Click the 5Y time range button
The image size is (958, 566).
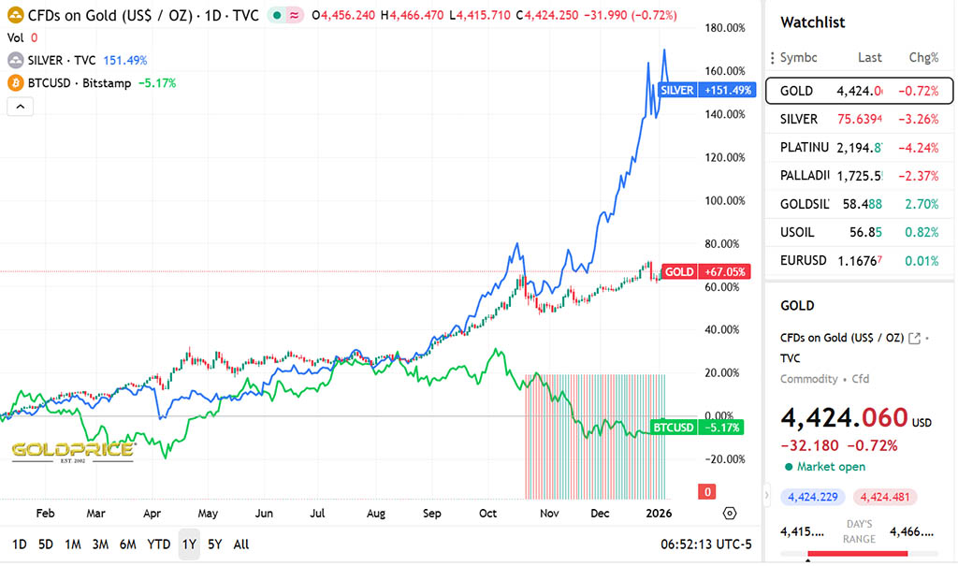215,544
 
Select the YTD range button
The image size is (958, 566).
159,544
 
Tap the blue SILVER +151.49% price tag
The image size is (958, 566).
693,90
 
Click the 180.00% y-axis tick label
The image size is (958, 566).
724,28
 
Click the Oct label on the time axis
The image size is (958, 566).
488,514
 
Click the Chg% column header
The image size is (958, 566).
923,57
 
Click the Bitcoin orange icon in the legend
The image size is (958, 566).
15,82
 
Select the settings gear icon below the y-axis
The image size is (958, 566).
730,513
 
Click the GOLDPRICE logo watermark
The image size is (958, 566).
72,451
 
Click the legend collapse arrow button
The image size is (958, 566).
20,106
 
